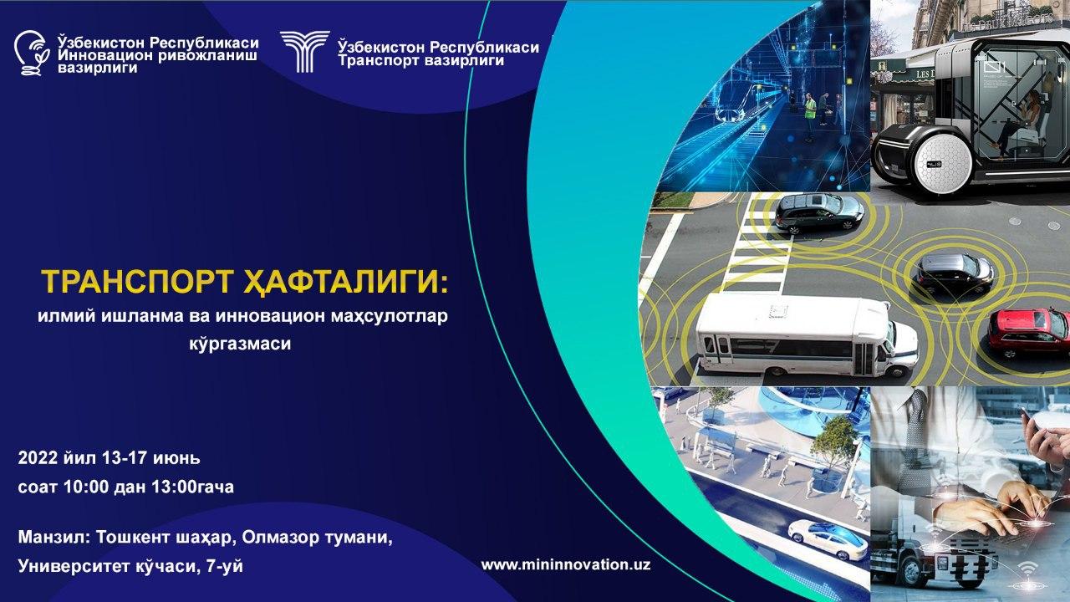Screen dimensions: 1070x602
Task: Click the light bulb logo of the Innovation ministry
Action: point(32,53)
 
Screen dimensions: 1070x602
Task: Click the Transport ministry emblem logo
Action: point(304,52)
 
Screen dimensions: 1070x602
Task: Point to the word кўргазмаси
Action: point(240,344)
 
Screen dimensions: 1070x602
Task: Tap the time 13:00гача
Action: point(192,487)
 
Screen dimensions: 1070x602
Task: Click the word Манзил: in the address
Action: point(54,538)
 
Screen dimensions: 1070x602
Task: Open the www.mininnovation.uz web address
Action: point(566,564)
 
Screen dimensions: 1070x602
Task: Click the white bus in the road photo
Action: point(807,335)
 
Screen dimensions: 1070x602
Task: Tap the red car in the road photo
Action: point(1029,332)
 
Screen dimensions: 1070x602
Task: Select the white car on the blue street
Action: point(828,539)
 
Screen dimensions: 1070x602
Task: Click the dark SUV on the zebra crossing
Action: point(818,212)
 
